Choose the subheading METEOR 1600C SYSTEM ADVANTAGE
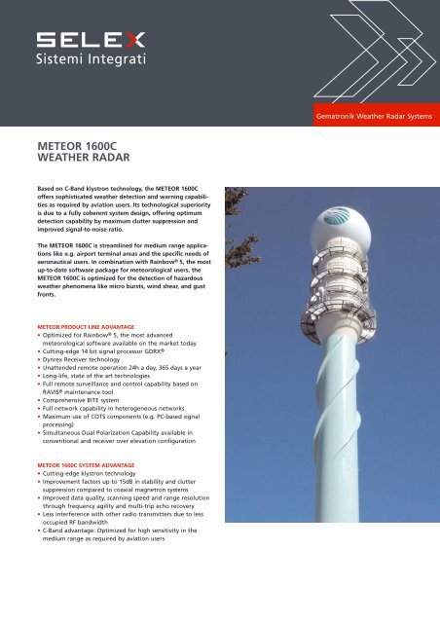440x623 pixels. tap(103, 466)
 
